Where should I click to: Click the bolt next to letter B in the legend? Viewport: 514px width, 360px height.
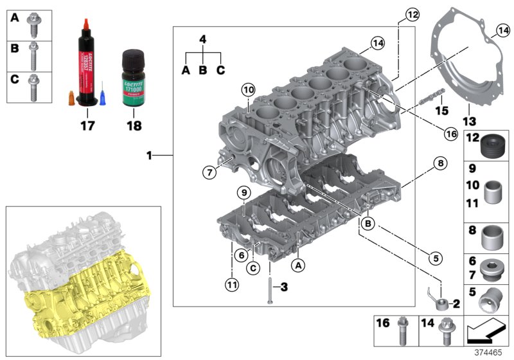point(33,55)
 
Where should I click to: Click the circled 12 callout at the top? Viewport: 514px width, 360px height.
point(411,14)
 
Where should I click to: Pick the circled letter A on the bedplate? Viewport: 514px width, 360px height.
point(297,264)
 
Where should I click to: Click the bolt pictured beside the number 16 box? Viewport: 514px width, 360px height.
point(403,332)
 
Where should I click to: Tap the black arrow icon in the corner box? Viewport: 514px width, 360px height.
point(486,332)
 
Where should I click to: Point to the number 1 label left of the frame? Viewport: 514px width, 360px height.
point(148,156)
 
